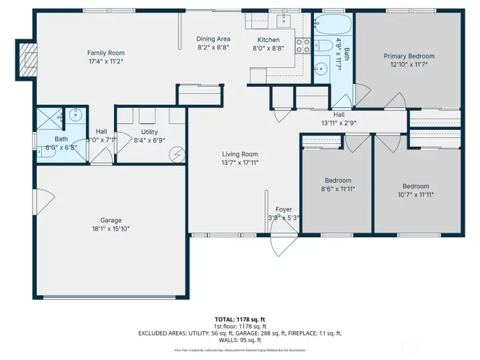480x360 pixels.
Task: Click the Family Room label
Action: (106, 53)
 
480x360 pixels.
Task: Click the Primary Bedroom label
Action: (409, 56)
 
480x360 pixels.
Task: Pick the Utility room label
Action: (150, 132)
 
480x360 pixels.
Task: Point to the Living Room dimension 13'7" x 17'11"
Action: (240, 162)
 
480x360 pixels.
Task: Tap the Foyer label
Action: (284, 209)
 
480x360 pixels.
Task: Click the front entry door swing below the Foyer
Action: (283, 244)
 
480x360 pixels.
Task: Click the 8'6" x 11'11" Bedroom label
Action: (338, 181)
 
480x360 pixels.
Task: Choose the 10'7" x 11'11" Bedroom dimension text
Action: (416, 195)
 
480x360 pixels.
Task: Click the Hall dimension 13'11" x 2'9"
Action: (339, 123)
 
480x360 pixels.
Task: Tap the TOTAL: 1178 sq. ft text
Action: (239, 319)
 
